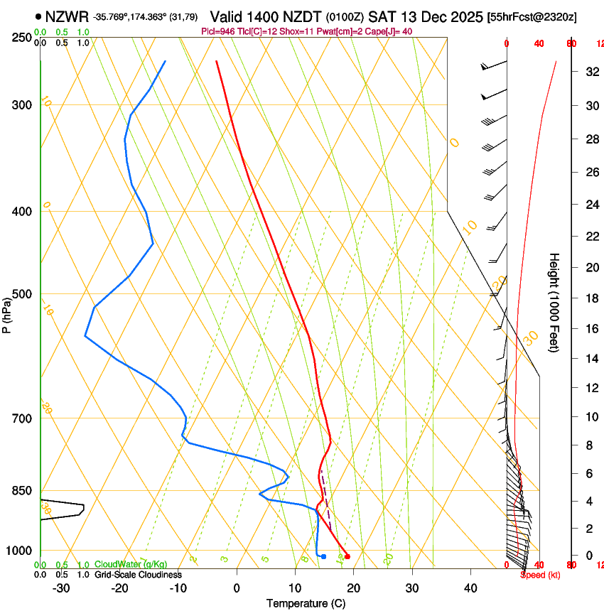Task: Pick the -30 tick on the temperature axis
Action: (x=61, y=588)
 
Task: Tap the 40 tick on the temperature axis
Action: (x=470, y=588)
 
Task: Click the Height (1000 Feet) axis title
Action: (x=554, y=303)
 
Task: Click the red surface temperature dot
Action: (x=347, y=556)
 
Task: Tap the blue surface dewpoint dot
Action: (x=323, y=556)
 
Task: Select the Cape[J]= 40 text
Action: (x=389, y=31)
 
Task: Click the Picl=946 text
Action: (x=220, y=31)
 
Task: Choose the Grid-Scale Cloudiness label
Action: (x=138, y=574)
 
